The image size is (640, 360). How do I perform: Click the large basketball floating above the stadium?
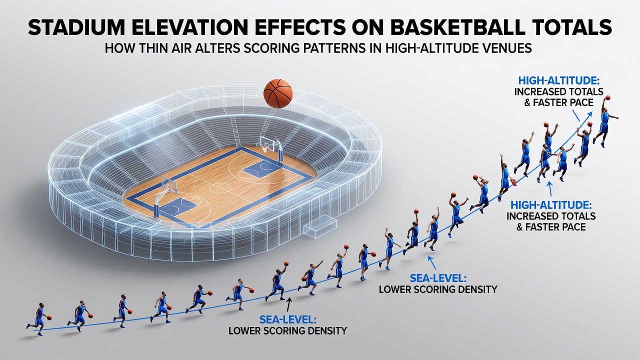pyautogui.click(x=278, y=93)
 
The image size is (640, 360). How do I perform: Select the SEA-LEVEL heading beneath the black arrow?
pyautogui.click(x=287, y=319)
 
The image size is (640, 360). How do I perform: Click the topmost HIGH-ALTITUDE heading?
pyautogui.click(x=559, y=80)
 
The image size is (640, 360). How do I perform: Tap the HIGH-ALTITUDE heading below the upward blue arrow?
pyautogui.click(x=551, y=205)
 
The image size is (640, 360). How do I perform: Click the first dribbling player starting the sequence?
pyautogui.click(x=39, y=319)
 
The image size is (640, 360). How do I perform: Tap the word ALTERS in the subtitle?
pyautogui.click(x=219, y=48)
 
